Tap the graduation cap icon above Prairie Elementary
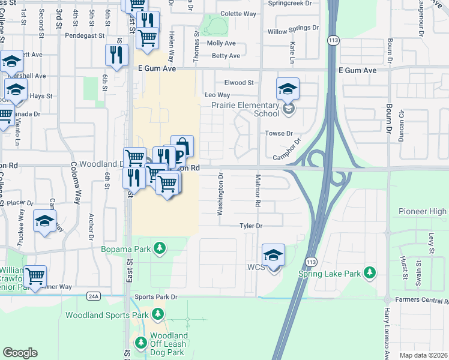point(288,90)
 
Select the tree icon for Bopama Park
point(159,248)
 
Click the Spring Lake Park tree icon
point(370,273)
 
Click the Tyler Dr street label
point(252,226)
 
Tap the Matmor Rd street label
point(257,191)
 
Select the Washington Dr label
point(221,194)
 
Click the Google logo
point(20,353)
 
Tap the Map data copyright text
point(423,355)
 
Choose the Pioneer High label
point(423,212)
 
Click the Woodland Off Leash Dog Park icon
point(141,343)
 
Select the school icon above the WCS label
point(273,256)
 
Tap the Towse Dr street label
point(279,133)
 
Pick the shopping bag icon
point(182,146)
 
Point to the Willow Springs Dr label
point(293,29)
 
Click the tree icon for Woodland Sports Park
point(158,314)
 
